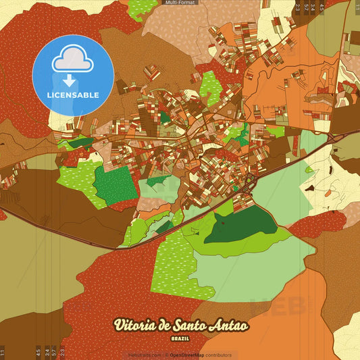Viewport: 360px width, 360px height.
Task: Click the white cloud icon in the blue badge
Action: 73,59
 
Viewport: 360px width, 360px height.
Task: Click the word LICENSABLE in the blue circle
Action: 73,95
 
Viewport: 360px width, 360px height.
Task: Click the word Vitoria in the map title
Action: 135,326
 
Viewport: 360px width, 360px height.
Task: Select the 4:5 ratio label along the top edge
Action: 322,9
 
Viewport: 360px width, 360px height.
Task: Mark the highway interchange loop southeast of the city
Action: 250,180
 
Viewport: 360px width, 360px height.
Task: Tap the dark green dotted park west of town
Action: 115,185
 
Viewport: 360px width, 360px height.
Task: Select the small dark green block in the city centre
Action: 165,117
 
